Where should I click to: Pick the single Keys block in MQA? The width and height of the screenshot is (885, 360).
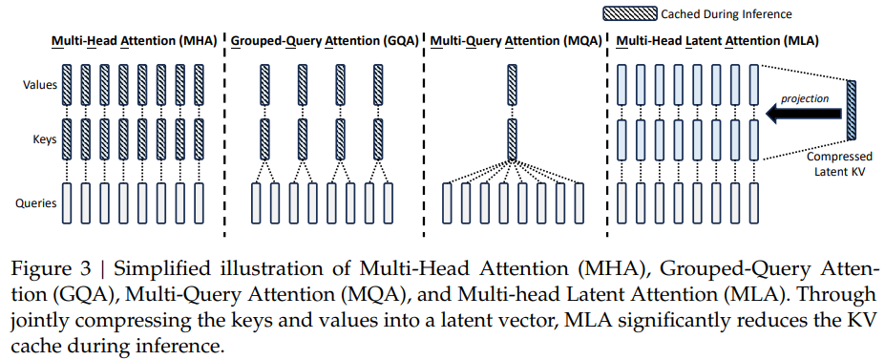(513, 138)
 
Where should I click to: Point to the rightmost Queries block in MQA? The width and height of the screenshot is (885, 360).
(579, 201)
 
